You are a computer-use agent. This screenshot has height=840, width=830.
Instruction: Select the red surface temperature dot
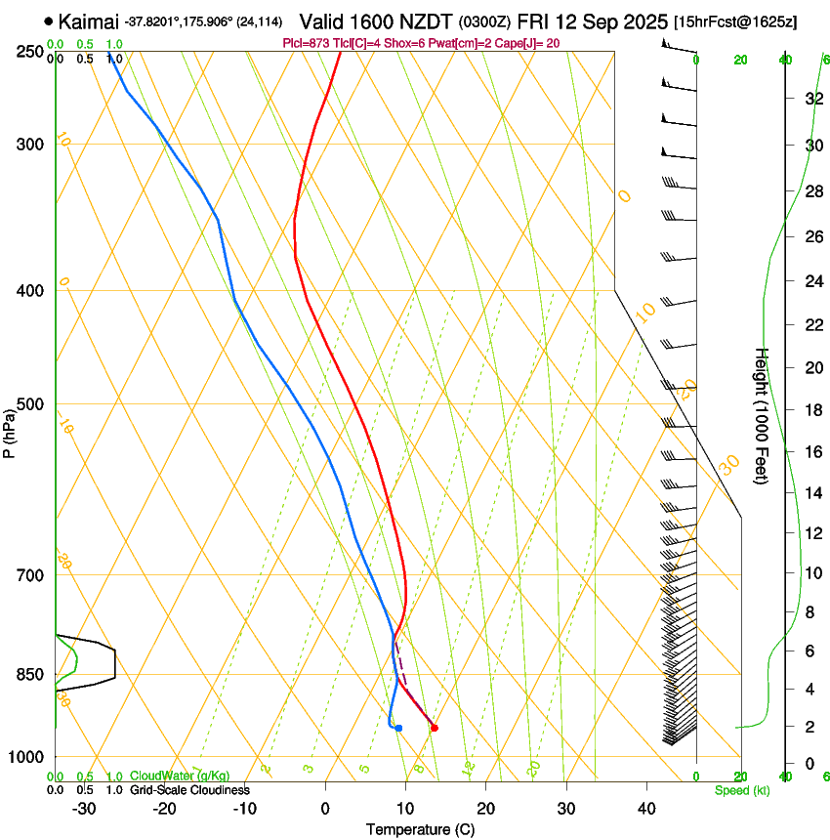point(434,728)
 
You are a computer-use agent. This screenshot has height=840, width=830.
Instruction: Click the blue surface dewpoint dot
point(398,728)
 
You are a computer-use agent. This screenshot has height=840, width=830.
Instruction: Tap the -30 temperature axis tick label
point(84,809)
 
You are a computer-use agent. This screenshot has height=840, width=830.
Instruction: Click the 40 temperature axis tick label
point(645,809)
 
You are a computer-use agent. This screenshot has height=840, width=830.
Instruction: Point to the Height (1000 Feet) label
point(762,416)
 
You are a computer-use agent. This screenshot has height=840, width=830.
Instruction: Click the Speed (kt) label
point(741,790)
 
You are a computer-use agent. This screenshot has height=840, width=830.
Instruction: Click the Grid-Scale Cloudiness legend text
point(189,790)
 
